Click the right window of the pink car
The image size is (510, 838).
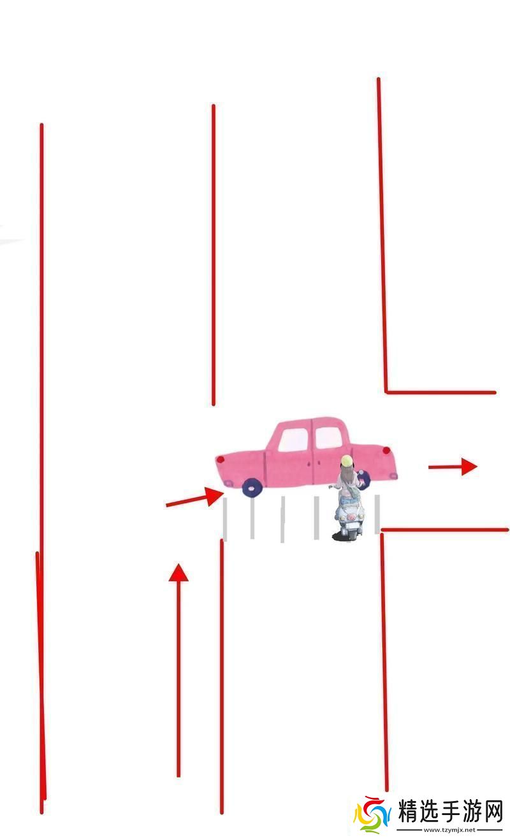(x=328, y=437)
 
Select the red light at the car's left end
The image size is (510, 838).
(x=221, y=459)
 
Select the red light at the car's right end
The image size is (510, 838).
(x=386, y=450)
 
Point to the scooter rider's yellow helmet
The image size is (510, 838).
(x=347, y=460)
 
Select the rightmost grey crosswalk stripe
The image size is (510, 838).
(x=377, y=514)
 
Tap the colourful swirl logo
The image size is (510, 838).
(x=372, y=818)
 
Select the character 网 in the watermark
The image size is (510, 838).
(x=490, y=811)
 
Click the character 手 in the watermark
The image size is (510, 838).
(x=451, y=811)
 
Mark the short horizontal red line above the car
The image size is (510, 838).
(x=441, y=393)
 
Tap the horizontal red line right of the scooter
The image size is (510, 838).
(x=445, y=530)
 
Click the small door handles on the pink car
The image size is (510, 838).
(x=314, y=464)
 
